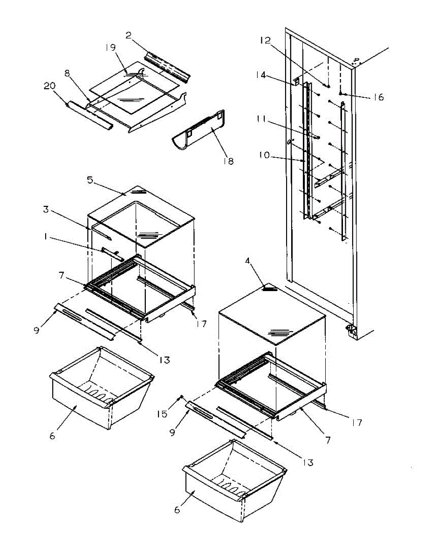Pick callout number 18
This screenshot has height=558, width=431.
(x=229, y=161)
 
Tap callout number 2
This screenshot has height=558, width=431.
(x=129, y=35)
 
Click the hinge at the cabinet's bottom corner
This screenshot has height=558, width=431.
(x=350, y=331)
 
